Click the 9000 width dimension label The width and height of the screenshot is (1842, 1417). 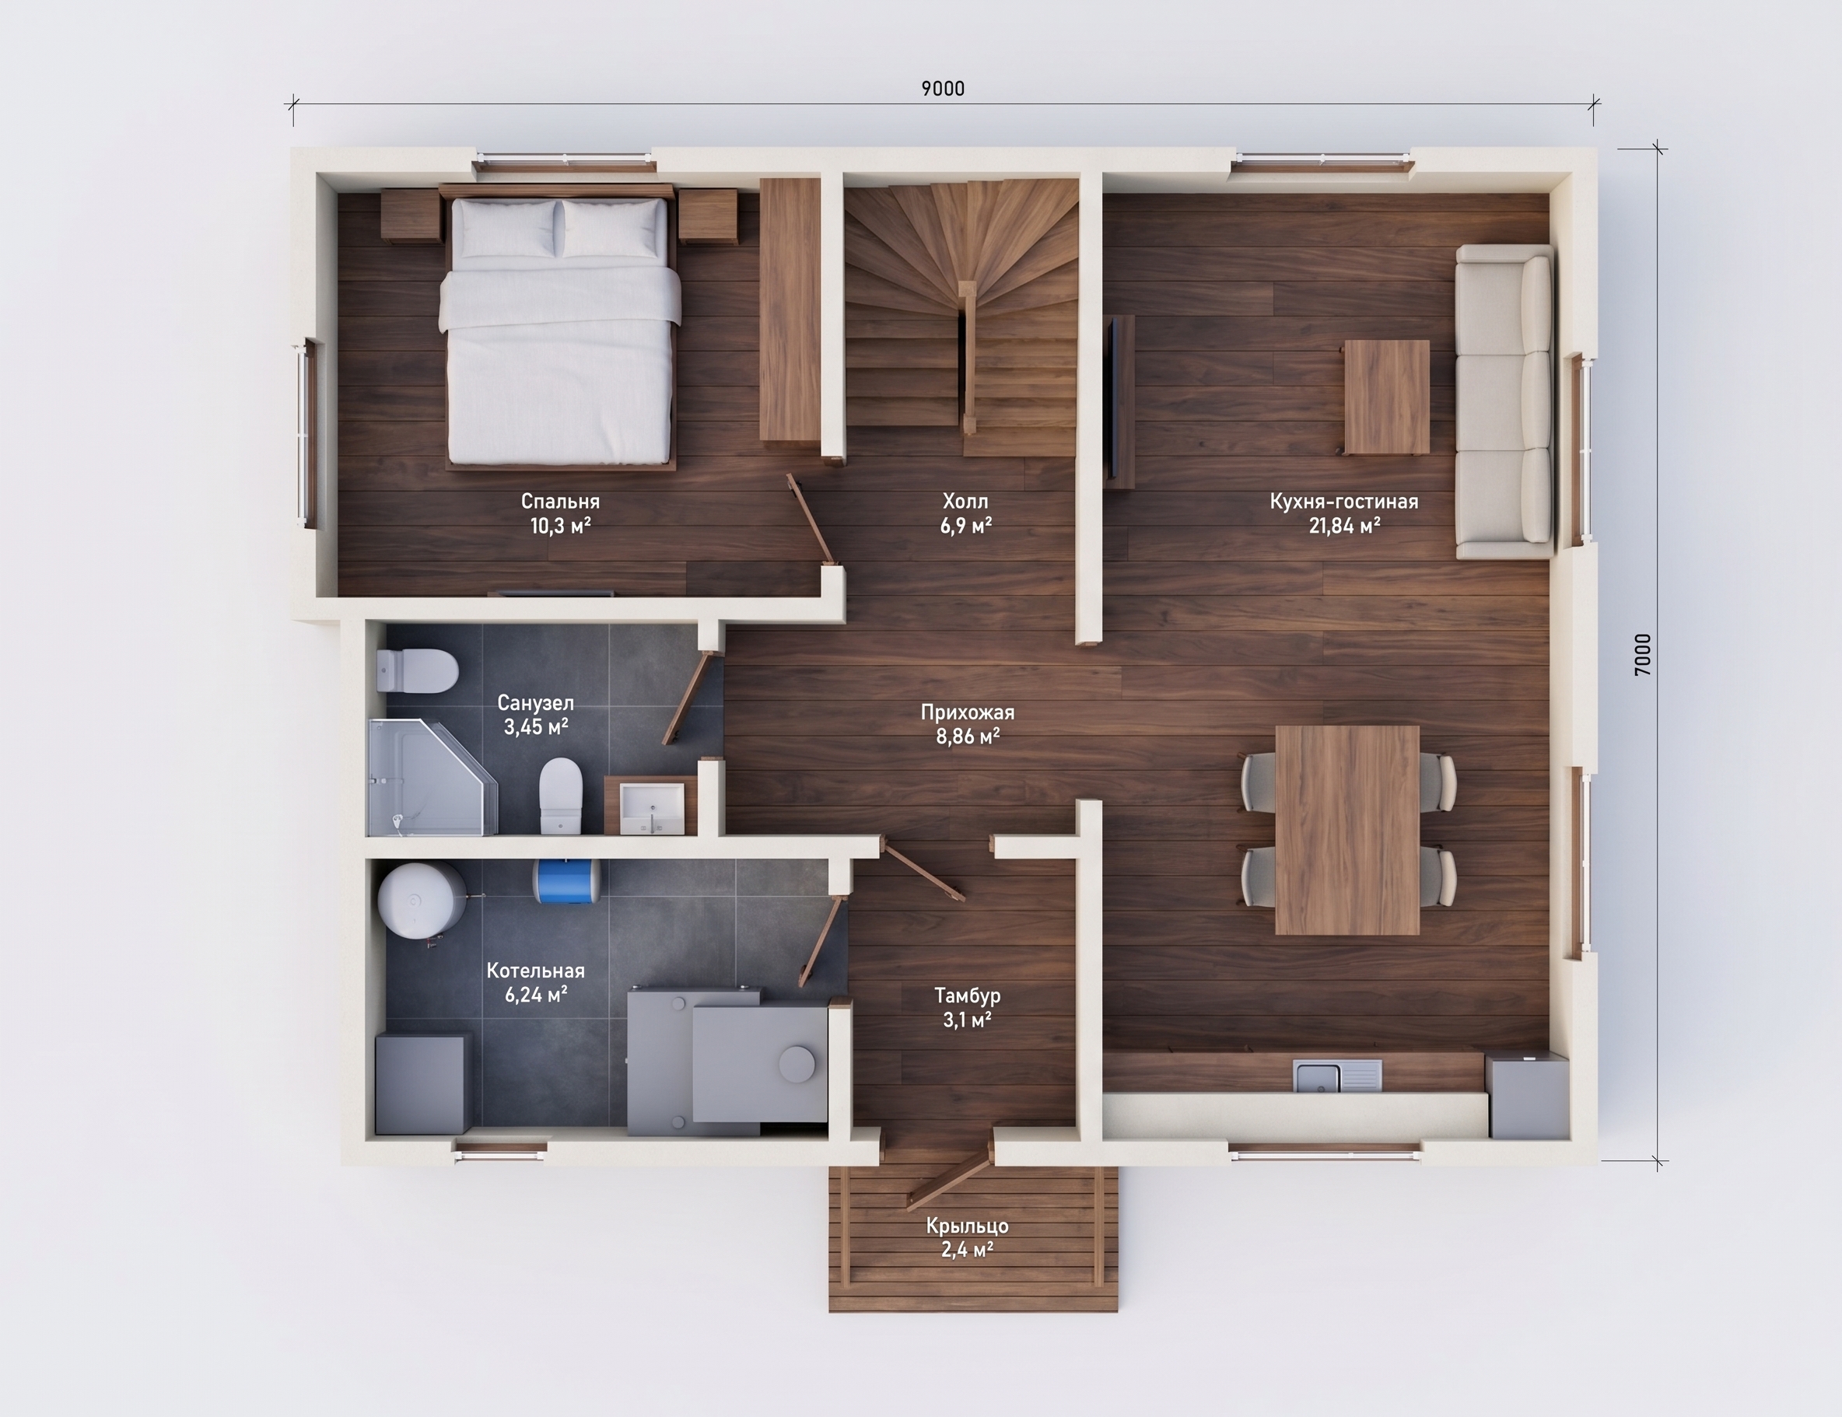[x=942, y=89]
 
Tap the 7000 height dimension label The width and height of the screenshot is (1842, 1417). [x=1642, y=655]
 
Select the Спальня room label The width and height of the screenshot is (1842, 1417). [x=560, y=501]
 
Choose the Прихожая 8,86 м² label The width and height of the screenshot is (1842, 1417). [x=968, y=724]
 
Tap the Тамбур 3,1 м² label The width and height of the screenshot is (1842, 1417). [x=968, y=1007]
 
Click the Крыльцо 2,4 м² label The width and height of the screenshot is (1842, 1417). [x=968, y=1237]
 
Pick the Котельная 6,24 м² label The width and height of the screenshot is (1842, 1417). [x=535, y=982]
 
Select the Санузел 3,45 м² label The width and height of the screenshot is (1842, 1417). [x=535, y=715]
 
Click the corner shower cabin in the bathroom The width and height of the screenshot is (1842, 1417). [x=432, y=777]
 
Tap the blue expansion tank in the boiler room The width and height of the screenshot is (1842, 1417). [x=566, y=878]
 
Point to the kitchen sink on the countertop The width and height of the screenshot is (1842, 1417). [x=1338, y=1076]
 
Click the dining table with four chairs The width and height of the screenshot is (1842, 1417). [x=1348, y=830]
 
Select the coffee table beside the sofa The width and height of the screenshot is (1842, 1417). [x=1387, y=397]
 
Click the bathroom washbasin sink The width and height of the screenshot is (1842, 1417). [x=652, y=806]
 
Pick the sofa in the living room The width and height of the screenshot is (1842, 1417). [x=1504, y=401]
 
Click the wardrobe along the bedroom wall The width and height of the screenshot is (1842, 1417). [x=790, y=309]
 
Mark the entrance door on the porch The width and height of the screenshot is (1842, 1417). [x=949, y=1172]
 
